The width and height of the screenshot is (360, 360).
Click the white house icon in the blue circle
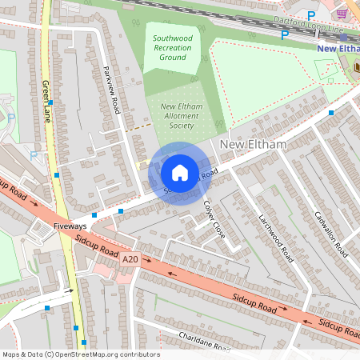pos(180,172)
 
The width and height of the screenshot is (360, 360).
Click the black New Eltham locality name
pos(246,144)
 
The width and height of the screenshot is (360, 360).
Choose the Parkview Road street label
pos(111,89)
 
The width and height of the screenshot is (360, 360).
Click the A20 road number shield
pos(130,260)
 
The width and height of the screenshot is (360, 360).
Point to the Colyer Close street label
pos(214,219)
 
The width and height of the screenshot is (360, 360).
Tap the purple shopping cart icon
pos(342,14)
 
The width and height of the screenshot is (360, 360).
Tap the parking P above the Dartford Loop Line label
pos(310,15)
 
